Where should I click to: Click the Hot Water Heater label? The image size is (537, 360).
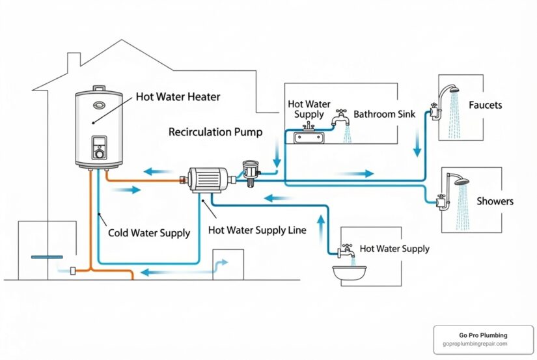click(178, 97)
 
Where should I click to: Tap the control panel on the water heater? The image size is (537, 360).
click(99, 147)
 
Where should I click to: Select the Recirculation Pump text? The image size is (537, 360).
click(215, 132)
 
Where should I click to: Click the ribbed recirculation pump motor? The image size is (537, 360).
click(207, 179)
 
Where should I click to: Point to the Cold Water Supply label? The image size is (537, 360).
click(148, 233)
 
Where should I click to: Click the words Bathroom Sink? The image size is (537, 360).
click(383, 114)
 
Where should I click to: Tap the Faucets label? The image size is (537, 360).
click(485, 105)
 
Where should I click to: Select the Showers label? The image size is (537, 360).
click(495, 201)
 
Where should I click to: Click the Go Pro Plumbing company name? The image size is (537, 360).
click(483, 335)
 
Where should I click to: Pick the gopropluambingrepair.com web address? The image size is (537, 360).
click(483, 344)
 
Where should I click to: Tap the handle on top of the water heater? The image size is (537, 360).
click(98, 89)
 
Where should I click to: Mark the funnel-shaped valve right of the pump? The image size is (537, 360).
click(250, 168)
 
